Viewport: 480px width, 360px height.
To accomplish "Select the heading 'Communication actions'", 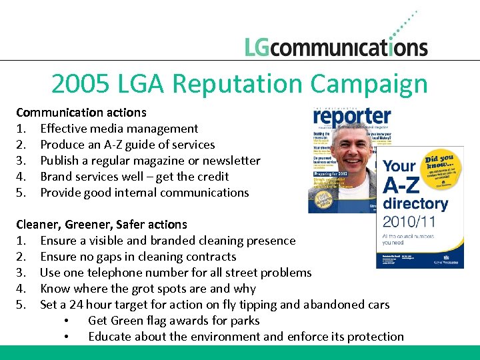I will pos(81,112).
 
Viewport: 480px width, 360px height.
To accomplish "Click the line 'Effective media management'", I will pos(119,128).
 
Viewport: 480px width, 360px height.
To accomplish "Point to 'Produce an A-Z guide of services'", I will pos(127,144).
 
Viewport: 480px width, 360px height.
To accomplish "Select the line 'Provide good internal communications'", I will pos(144,192).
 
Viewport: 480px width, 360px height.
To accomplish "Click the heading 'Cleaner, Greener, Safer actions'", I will pos(101,224).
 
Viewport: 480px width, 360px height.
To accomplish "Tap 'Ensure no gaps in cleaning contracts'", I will pos(138,256).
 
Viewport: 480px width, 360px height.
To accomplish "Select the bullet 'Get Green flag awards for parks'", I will pos(173,320).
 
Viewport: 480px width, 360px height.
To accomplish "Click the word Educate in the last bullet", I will pos(109,336).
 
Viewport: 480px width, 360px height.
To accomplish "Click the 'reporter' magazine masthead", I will pos(352,117).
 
